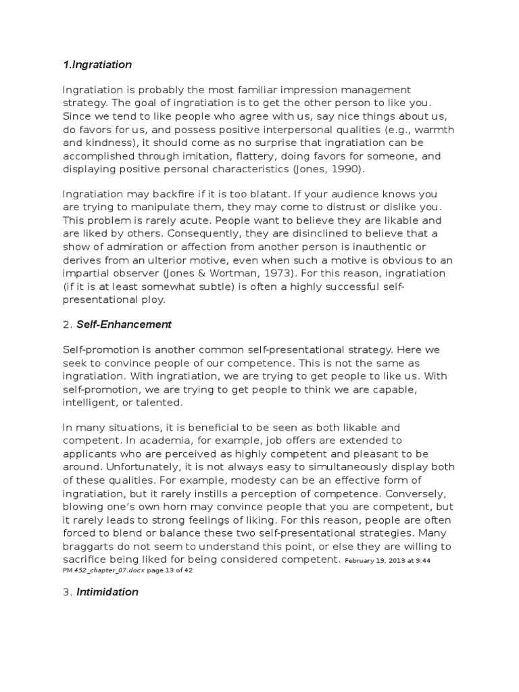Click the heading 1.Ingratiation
[x=97, y=65]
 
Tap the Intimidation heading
[x=107, y=592]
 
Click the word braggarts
[x=91, y=546]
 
